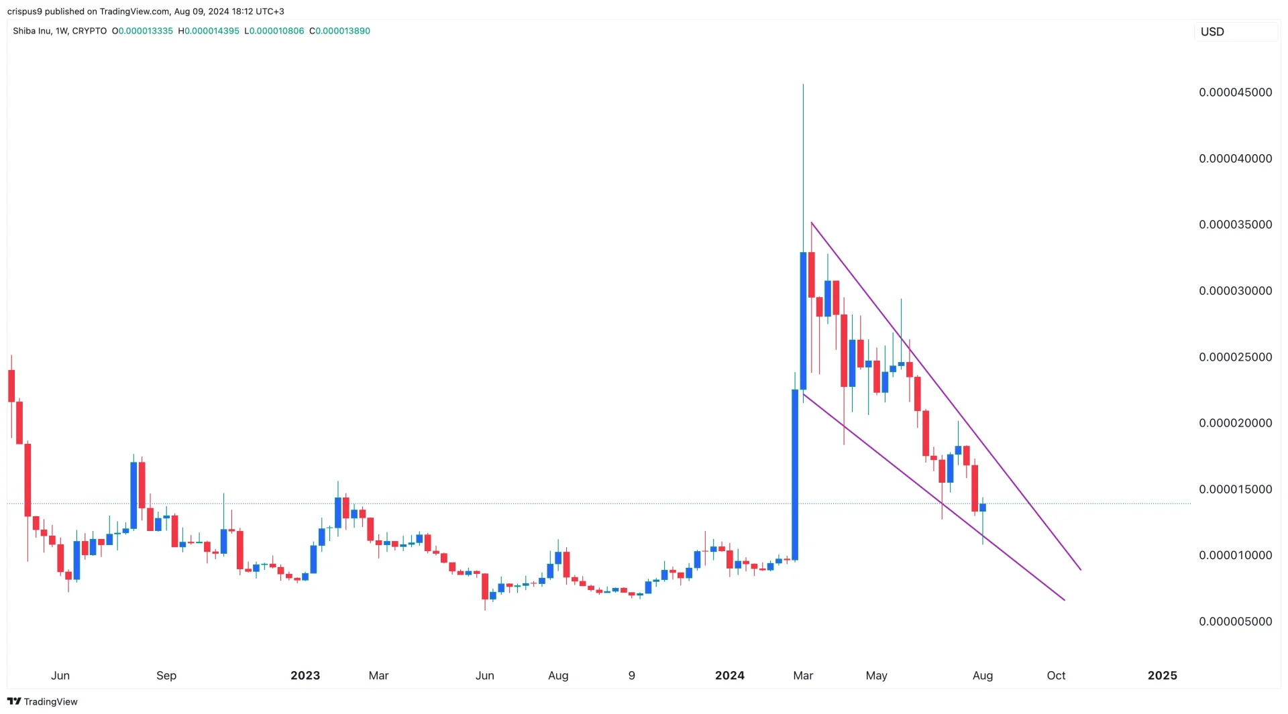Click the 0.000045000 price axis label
[1235, 93]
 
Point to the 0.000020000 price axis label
[1235, 423]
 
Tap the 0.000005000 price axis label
[1235, 621]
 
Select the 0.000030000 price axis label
[1235, 291]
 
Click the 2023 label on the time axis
[305, 676]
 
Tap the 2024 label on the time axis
[730, 676]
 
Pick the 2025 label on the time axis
[1162, 676]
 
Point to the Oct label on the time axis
[1056, 676]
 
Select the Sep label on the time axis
[166, 676]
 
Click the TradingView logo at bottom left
[42, 701]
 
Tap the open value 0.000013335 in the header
[146, 31]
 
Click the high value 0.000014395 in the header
[212, 31]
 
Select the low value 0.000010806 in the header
[277, 31]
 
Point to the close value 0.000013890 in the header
[343, 31]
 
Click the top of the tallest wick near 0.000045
[803, 85]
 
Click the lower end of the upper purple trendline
[1081, 570]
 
